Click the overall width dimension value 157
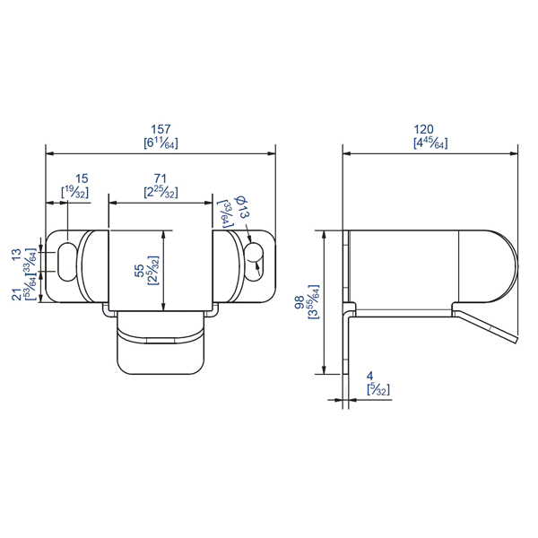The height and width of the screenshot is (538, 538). click(161, 129)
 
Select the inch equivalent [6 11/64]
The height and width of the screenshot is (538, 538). click(161, 143)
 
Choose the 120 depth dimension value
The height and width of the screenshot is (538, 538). click(430, 129)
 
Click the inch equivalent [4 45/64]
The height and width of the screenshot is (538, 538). click(430, 143)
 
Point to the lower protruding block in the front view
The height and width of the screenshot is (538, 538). click(161, 350)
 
